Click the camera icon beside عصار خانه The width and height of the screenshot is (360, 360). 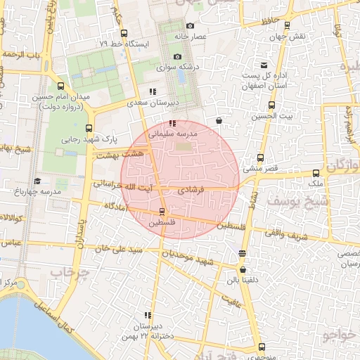[x=190, y=26]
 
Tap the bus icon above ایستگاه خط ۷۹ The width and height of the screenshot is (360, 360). [x=124, y=33]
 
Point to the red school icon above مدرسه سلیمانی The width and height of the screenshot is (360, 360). [x=153, y=124]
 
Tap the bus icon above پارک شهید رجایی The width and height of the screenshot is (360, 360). [x=89, y=128]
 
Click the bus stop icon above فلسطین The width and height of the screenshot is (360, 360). [x=162, y=211]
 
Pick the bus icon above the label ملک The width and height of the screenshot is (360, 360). [x=316, y=172]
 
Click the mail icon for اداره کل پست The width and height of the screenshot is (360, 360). [x=264, y=64]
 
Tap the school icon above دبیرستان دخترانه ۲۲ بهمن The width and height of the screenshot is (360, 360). [x=148, y=315]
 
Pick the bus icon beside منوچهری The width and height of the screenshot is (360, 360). [x=262, y=347]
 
